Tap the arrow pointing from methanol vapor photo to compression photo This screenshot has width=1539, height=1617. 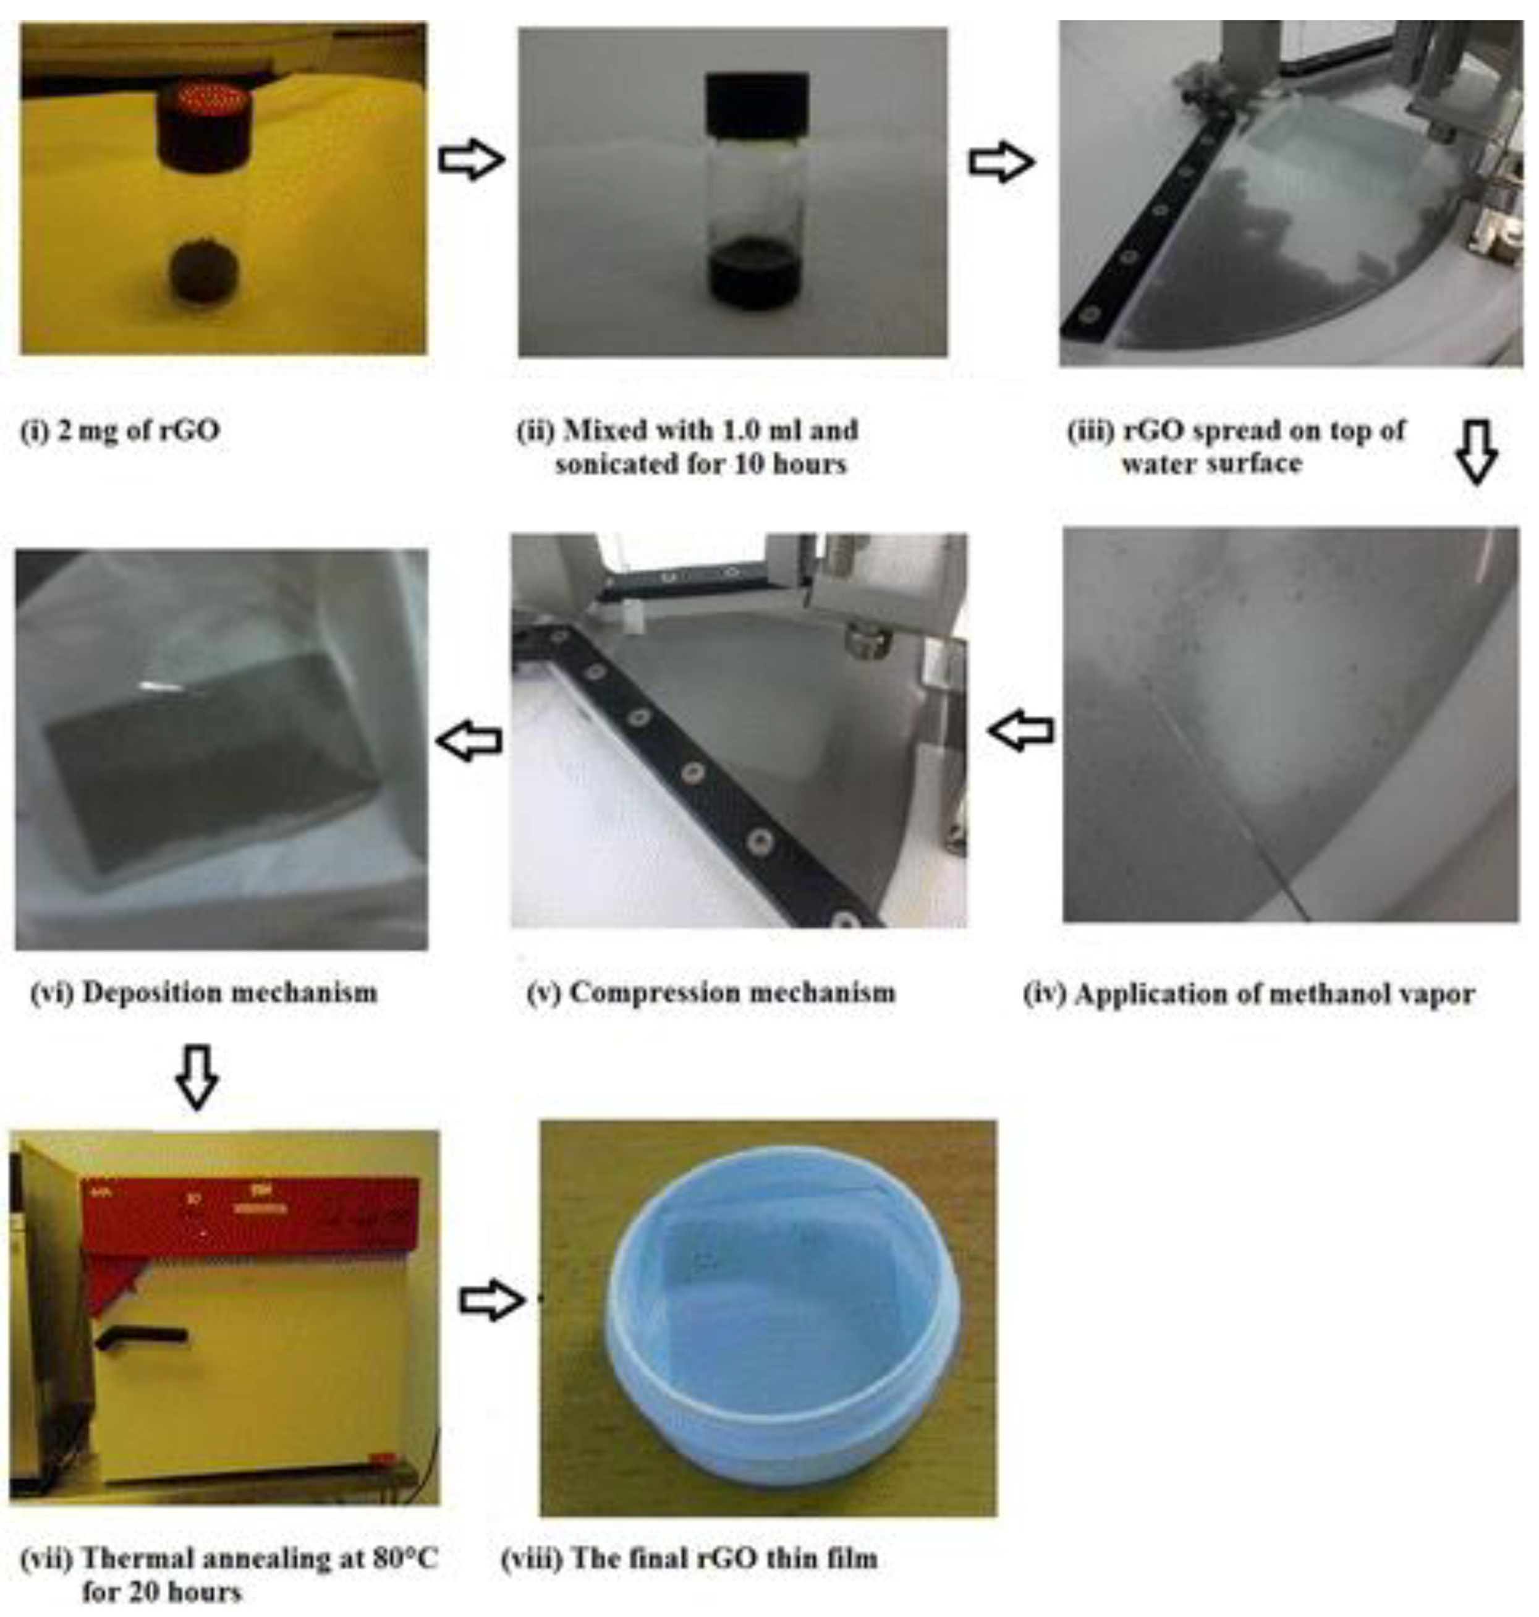coord(1020,729)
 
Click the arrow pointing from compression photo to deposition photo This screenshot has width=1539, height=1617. coord(469,740)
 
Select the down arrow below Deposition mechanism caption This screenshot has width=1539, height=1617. coord(197,1076)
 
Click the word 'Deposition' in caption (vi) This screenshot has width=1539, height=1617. coord(148,993)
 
